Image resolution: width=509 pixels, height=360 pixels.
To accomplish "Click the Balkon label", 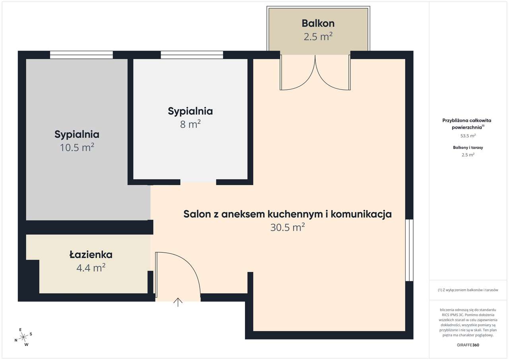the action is (x=318, y=23).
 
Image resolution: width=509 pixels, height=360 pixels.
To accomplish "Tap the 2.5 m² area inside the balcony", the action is (x=318, y=37).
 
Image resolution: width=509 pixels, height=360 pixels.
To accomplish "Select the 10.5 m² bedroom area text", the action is (x=77, y=147).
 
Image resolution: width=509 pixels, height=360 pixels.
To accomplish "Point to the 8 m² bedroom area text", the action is (x=190, y=124).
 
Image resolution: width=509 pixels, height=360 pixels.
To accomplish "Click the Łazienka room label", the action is (x=91, y=255).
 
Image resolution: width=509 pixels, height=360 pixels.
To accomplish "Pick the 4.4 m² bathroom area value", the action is (x=91, y=268).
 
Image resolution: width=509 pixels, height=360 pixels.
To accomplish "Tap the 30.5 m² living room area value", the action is (x=288, y=227).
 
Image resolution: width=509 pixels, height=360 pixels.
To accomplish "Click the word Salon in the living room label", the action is (x=197, y=214).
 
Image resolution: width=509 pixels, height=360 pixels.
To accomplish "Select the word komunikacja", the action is (x=361, y=214).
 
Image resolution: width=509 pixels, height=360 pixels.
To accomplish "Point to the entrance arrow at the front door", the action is (x=178, y=302).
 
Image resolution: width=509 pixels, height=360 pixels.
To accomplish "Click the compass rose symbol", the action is (x=23, y=337).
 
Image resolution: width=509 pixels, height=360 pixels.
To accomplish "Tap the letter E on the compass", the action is (x=20, y=329).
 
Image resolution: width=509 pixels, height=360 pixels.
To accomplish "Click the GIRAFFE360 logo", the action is (x=468, y=345).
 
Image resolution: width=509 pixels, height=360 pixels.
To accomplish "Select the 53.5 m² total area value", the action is (x=468, y=136).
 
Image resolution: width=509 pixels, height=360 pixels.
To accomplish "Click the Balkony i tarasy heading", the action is (x=468, y=147).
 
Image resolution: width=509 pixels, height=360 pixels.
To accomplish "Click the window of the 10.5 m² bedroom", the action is (x=82, y=55).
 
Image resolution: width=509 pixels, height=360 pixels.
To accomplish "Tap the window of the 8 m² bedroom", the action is (x=192, y=55).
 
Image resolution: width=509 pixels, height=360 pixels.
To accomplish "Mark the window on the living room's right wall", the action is (x=410, y=250).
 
